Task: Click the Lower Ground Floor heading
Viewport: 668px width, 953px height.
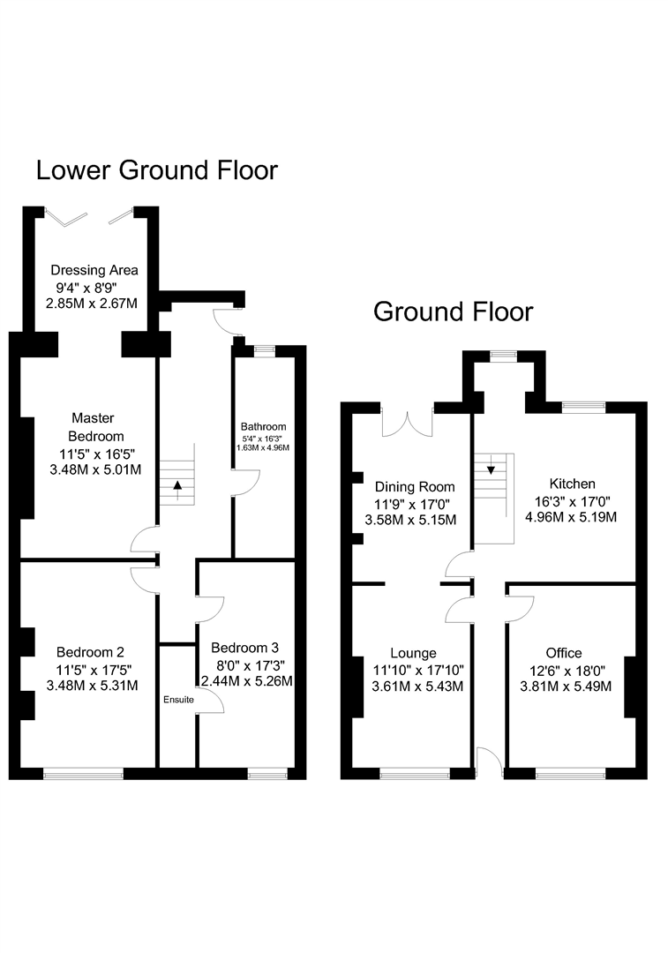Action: pyautogui.click(x=157, y=170)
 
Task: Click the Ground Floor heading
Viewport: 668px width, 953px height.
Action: pyautogui.click(x=453, y=311)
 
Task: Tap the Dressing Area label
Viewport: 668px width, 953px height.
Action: pyautogui.click(x=94, y=270)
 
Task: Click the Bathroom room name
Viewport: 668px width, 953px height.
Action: pyautogui.click(x=263, y=427)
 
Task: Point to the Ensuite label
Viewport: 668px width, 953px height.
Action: pyautogui.click(x=179, y=700)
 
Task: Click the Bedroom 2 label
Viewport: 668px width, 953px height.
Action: pyautogui.click(x=91, y=652)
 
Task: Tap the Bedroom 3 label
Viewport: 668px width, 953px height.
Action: pyautogui.click(x=245, y=648)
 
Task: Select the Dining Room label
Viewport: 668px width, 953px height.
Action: pyautogui.click(x=415, y=487)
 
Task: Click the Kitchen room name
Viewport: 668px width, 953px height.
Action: pyautogui.click(x=572, y=484)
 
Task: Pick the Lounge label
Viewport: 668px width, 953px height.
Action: pyautogui.click(x=413, y=653)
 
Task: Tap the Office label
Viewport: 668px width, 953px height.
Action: pyautogui.click(x=564, y=653)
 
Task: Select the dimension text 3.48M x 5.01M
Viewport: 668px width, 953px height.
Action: pyautogui.click(x=95, y=469)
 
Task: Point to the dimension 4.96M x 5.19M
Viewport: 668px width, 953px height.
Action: pyautogui.click(x=571, y=517)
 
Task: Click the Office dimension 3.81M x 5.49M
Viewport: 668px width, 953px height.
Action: pyautogui.click(x=566, y=687)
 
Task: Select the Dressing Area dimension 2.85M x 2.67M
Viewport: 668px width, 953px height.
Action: pyautogui.click(x=92, y=303)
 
